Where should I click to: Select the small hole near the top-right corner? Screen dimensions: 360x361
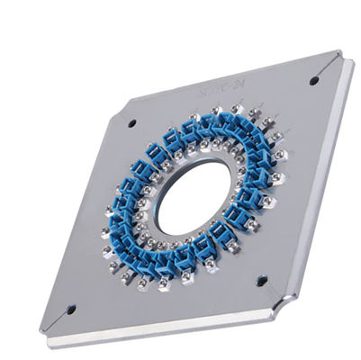(314, 80)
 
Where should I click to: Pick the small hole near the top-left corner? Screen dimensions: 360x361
(131, 122)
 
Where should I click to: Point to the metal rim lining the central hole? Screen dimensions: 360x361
(163, 211)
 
